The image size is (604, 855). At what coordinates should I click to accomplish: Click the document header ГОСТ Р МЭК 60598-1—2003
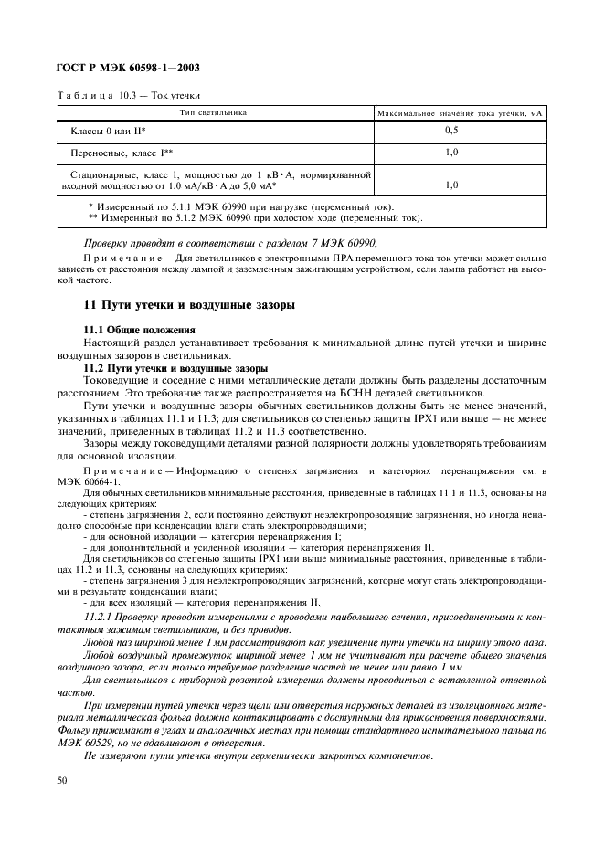tap(128, 69)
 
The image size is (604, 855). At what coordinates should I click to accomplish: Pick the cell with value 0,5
tap(451, 132)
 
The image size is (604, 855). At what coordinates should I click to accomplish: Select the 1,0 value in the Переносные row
tap(451, 153)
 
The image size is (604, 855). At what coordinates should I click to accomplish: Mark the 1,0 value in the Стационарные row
tap(451, 185)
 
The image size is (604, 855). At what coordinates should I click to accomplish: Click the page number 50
tap(62, 780)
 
